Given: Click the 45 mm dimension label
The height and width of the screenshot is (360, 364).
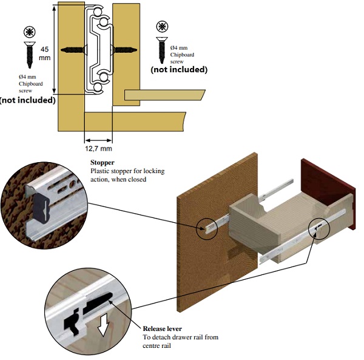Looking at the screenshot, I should [x=44, y=53].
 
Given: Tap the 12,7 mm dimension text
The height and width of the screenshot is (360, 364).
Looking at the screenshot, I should [x=98, y=148].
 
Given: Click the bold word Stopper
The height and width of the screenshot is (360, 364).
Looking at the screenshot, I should [x=102, y=163].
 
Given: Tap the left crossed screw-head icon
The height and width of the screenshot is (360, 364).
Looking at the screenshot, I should [x=29, y=31].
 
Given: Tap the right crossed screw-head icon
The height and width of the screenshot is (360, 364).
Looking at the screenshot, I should [x=162, y=27].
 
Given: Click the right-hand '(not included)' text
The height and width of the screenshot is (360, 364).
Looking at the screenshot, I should [x=179, y=69].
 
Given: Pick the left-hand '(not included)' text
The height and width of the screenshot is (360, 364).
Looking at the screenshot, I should [x=27, y=99].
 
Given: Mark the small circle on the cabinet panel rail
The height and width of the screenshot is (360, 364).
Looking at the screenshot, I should [x=207, y=227].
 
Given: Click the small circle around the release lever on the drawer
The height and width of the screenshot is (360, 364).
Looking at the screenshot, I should [x=318, y=229].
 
